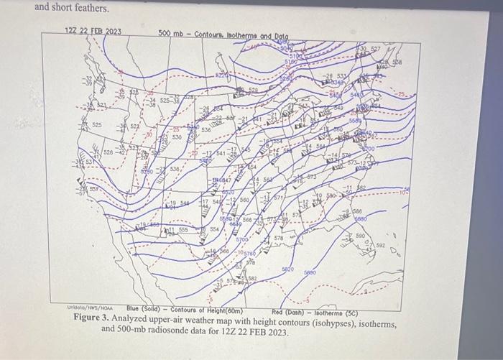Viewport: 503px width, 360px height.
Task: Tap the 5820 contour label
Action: click(287, 268)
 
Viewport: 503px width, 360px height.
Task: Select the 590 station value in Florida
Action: click(360, 235)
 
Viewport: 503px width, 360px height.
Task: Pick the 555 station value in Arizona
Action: click(182, 230)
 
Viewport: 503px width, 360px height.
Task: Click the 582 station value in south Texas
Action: click(252, 278)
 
